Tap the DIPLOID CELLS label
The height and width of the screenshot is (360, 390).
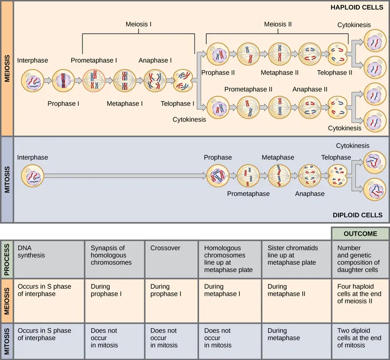coord(357,215)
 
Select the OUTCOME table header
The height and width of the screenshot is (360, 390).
coord(360,234)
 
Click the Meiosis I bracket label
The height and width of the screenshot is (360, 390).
coord(138,24)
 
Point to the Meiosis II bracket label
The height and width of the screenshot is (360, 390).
coord(278,24)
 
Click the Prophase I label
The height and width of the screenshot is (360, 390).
coord(62,103)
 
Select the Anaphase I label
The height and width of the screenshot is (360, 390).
coord(155,60)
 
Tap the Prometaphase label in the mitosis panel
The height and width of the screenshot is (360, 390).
coord(248,194)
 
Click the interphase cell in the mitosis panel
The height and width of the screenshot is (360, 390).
coord(33,175)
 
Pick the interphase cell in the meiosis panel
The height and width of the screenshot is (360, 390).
coord(33,81)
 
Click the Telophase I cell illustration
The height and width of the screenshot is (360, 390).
coord(183,81)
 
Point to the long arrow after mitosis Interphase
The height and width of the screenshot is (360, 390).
coord(124,175)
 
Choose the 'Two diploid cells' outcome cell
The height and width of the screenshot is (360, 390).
coord(360,338)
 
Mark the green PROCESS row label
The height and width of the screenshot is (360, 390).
coord(6,259)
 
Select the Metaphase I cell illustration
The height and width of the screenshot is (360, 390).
coord(124,81)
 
